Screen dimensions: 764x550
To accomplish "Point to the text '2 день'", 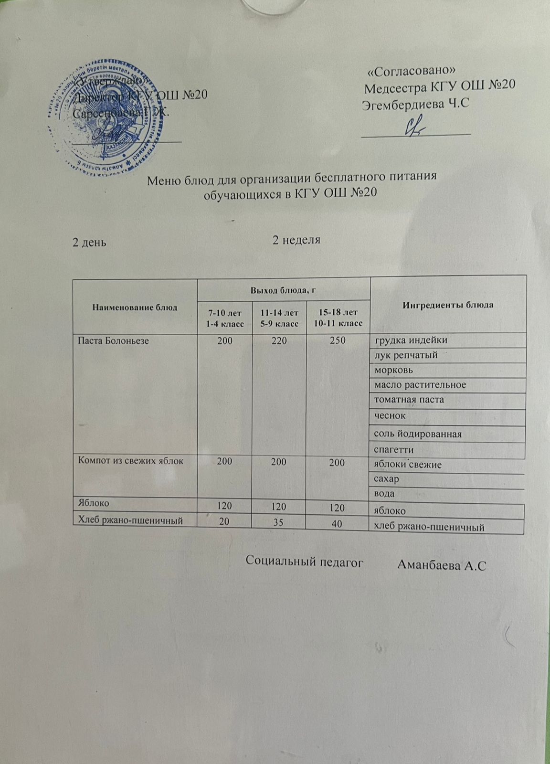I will point(89,242).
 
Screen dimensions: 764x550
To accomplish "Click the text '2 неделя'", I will point(296,240).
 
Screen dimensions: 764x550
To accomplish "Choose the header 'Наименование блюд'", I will point(135,307).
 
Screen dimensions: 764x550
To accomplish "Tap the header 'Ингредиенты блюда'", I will point(448,305).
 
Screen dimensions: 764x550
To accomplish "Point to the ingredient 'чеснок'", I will point(390,415).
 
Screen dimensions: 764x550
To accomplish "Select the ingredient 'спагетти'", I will point(394,450).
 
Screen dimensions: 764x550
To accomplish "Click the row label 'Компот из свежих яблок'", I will point(128,461).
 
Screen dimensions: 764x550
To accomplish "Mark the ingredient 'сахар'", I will point(386,478).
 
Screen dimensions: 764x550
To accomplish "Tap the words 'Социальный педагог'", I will point(305,562).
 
